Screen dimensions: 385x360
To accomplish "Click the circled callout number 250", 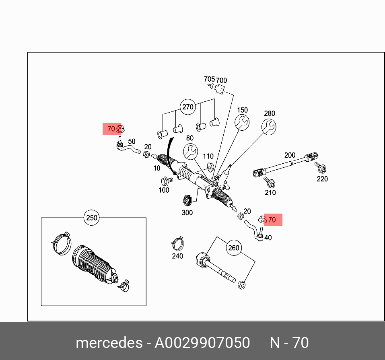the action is coord(92,218).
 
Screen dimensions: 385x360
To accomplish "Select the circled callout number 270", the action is coord(188,107).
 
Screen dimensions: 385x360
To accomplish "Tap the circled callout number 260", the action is coord(234,248).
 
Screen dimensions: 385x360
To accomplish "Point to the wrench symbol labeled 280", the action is coord(269,126).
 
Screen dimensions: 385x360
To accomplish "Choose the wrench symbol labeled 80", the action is coord(190,152).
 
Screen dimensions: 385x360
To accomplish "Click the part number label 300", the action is coord(187,212).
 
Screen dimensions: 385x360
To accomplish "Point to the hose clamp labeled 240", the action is coord(177,243).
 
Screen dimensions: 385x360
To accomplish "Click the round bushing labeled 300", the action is coord(187,200).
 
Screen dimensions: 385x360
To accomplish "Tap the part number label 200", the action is coord(290,155).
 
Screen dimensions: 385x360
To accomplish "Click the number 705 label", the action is coord(209,79).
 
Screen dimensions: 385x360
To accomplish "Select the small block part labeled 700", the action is coord(220,89).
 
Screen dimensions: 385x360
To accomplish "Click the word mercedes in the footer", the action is coord(108,343).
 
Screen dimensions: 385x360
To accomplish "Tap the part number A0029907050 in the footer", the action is coord(202,343).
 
